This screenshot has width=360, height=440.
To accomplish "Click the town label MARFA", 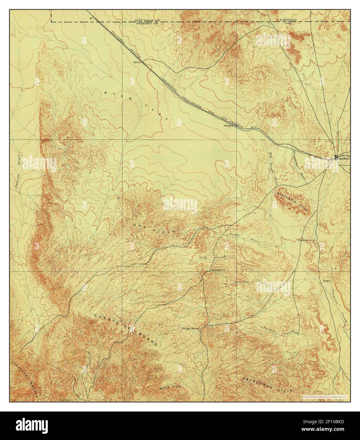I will pos(344,159).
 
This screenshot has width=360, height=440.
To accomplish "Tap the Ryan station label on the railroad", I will pos(137,62).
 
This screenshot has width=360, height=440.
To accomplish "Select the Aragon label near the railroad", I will pos(229,125).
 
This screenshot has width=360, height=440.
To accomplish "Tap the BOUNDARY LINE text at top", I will pos(288,22).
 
